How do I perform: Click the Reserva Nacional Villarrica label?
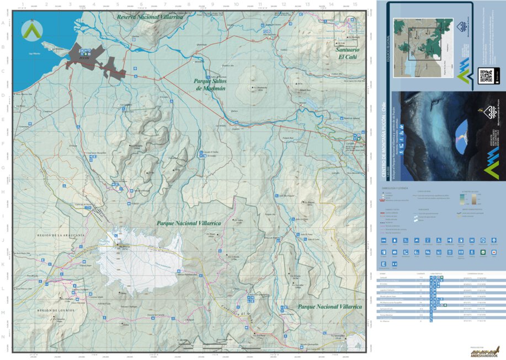click(149, 17)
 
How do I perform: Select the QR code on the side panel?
click(486, 76)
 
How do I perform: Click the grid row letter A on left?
click(4, 23)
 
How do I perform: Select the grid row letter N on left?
click(4, 336)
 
